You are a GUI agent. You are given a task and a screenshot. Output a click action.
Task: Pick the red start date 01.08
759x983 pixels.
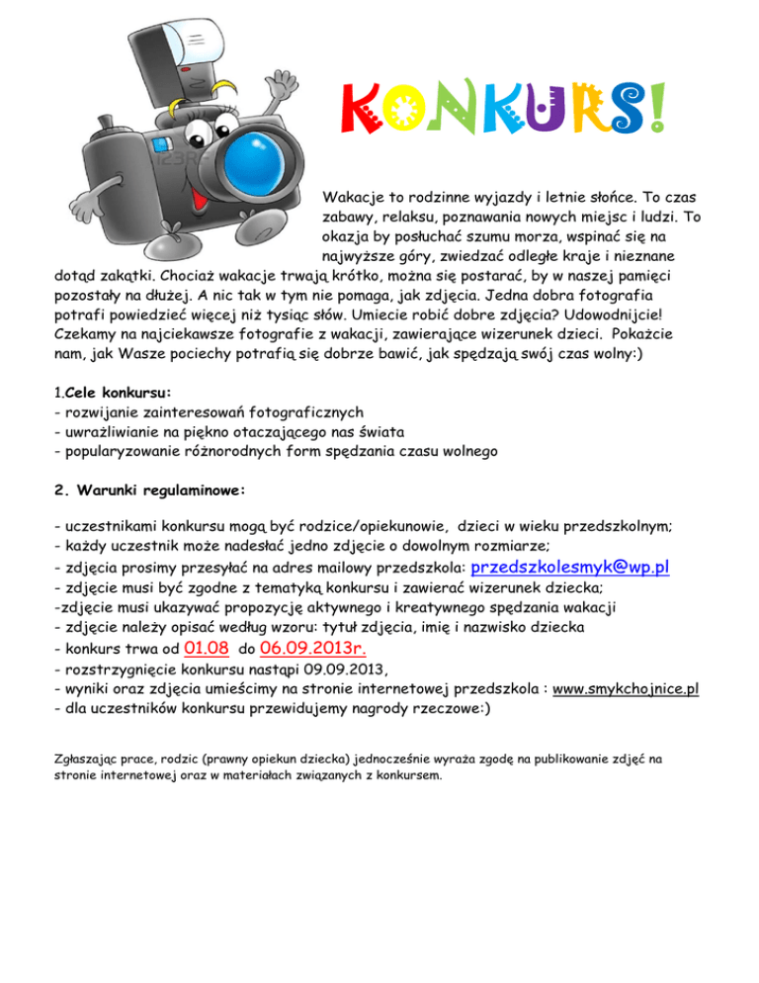(x=207, y=649)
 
